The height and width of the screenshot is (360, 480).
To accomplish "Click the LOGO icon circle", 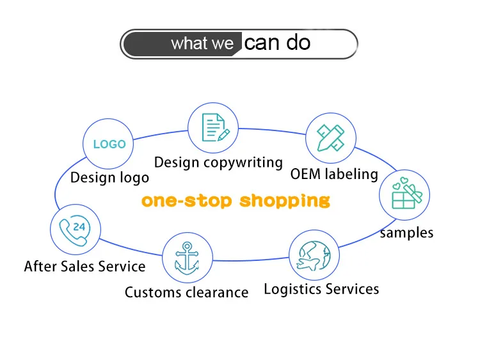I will [x=109, y=144].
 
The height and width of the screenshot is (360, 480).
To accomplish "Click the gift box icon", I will [x=405, y=196].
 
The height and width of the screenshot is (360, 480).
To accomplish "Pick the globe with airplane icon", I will [x=314, y=256].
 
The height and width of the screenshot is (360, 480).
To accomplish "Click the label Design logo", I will [x=109, y=177].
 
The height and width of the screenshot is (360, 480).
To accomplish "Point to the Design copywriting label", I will [x=218, y=162].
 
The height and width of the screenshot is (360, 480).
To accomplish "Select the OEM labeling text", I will [x=334, y=174].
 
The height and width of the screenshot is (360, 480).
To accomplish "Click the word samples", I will [x=406, y=232].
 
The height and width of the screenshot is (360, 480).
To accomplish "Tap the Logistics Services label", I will [x=321, y=289].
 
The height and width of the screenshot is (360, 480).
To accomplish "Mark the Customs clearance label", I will [x=186, y=292].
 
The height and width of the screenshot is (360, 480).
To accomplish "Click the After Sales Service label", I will [x=84, y=265].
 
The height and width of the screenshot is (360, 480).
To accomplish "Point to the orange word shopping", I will [x=285, y=201].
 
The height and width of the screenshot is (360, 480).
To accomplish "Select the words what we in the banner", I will [x=203, y=44].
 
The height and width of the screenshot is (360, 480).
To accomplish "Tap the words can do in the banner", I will [x=278, y=43].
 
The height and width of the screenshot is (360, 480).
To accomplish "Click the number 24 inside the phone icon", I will [x=79, y=226].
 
